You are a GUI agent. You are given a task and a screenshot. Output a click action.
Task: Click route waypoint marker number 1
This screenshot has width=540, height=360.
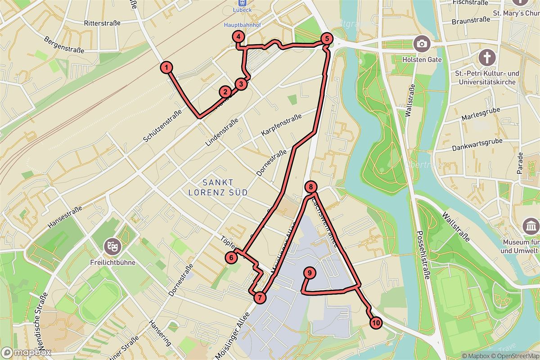click(x=166, y=68)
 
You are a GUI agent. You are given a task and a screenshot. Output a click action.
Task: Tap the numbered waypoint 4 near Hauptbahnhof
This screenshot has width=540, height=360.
click(x=238, y=37)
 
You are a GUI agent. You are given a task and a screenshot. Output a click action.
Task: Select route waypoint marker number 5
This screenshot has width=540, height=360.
click(x=327, y=39)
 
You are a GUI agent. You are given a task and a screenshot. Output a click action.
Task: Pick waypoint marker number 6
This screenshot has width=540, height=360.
click(x=231, y=257)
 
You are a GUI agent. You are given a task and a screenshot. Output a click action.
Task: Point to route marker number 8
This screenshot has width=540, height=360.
click(x=311, y=187)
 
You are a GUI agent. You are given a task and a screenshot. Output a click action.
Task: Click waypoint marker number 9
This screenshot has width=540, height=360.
click(x=310, y=273)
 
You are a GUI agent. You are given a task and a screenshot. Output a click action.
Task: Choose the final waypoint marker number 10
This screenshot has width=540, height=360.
click(x=376, y=322)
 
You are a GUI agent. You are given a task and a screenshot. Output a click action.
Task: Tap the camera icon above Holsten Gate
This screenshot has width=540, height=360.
click(x=422, y=43)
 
